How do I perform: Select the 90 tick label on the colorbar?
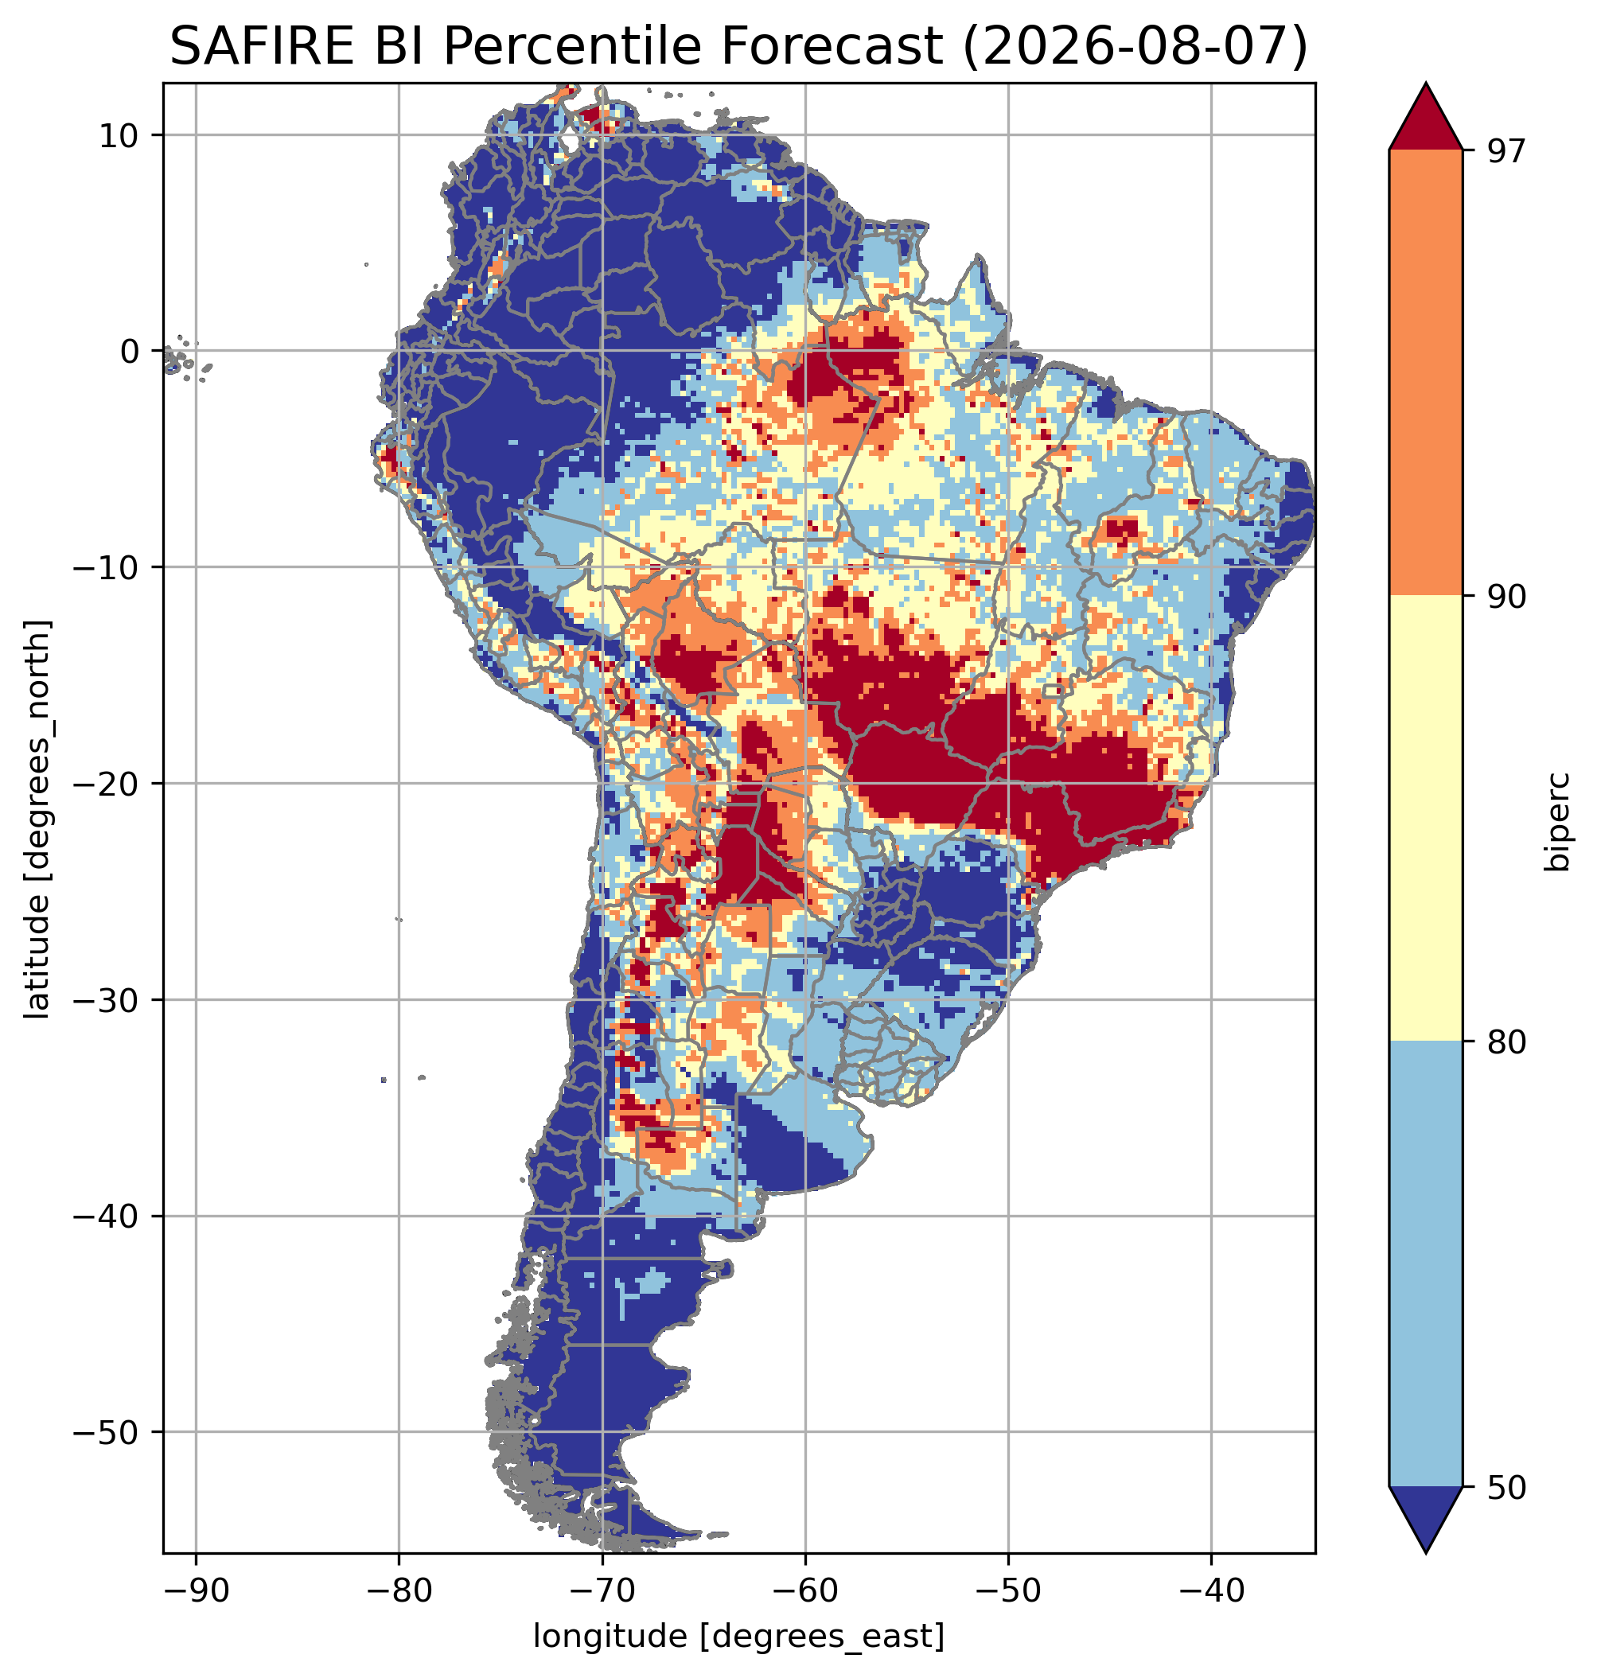pyautogui.click(x=1506, y=596)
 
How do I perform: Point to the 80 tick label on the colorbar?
pyautogui.click(x=1506, y=1042)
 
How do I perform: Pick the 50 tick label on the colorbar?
pyautogui.click(x=1506, y=1487)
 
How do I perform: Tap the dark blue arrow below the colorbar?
pyautogui.click(x=1425, y=1520)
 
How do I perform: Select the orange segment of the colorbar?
pyautogui.click(x=1425, y=373)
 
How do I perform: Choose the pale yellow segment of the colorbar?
pyautogui.click(x=1425, y=818)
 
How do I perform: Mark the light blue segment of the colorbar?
pyautogui.click(x=1425, y=1264)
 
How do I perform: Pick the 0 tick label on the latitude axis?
pyautogui.click(x=130, y=351)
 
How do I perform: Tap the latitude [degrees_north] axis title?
pyautogui.click(x=37, y=818)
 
